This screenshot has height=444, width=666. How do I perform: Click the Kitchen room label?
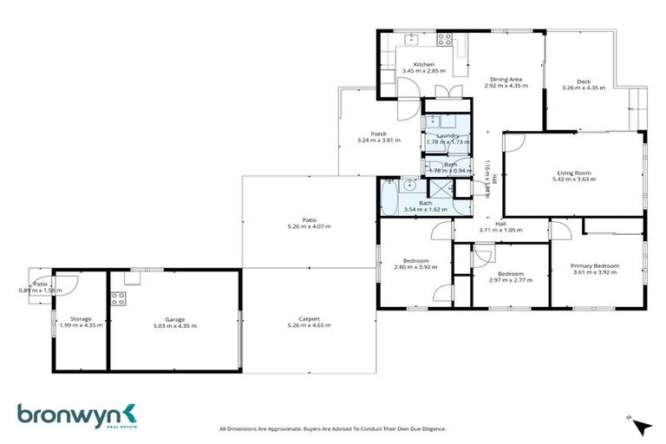tap(423, 64)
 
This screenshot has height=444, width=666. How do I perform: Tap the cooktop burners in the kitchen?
tap(444, 39)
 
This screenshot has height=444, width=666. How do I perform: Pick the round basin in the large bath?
tap(414, 187)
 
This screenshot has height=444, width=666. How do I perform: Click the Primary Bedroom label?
tap(595, 266)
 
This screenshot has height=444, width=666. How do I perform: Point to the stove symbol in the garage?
tap(119, 299)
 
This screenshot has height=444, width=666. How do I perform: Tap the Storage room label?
tap(81, 318)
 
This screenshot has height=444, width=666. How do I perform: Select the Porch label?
tap(379, 134)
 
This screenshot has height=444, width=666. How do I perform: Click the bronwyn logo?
tap(76, 415)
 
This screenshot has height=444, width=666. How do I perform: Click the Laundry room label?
tap(448, 135)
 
